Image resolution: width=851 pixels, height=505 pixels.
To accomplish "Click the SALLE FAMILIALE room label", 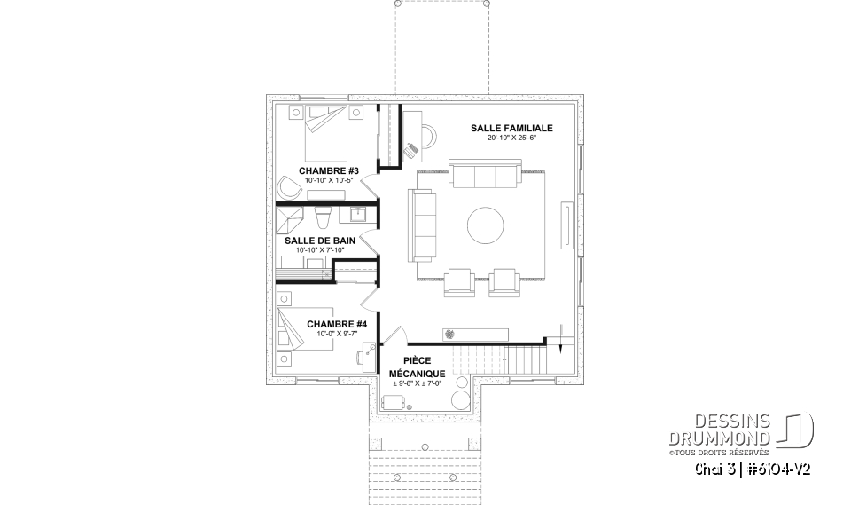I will [511, 128].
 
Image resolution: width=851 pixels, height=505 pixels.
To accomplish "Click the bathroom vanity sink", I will [358, 215].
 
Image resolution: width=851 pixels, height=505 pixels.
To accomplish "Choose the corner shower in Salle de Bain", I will [289, 219].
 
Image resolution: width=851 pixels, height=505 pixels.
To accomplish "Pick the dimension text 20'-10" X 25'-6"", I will [511, 138].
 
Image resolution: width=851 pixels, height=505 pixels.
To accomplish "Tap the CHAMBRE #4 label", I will [331, 325].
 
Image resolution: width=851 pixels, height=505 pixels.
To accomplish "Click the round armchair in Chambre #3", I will [288, 187].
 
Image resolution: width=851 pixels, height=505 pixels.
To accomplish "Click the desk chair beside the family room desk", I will [413, 147].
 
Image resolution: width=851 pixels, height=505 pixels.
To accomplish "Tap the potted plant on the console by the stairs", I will [449, 332].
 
